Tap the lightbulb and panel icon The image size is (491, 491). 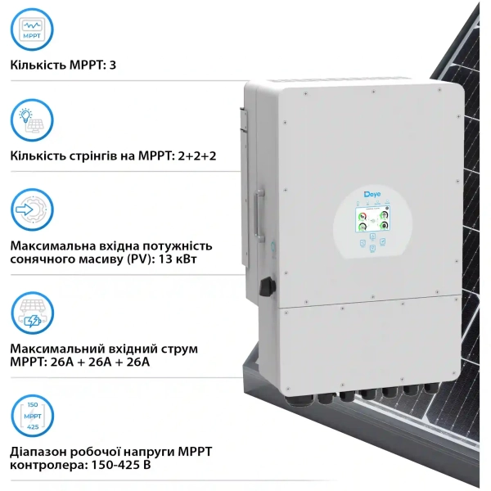pos(34,120)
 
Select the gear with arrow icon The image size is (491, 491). pos(34,211)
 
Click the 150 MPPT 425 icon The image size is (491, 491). pos(34,417)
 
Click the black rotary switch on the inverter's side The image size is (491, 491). pos(264,287)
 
